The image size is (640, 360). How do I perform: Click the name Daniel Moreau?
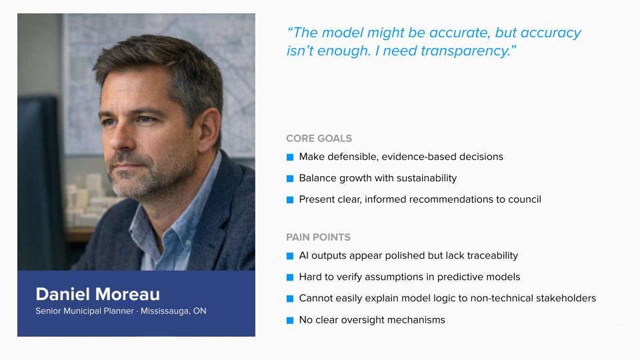97,294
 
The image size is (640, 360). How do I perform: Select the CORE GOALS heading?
319,139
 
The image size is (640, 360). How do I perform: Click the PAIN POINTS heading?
318,237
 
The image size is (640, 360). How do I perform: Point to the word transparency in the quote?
465,51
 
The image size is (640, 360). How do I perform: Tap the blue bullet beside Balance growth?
290,179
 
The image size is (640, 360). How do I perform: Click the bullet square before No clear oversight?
290,320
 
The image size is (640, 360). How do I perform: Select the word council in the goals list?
524,199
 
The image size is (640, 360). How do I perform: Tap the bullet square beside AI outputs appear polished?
290,256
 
